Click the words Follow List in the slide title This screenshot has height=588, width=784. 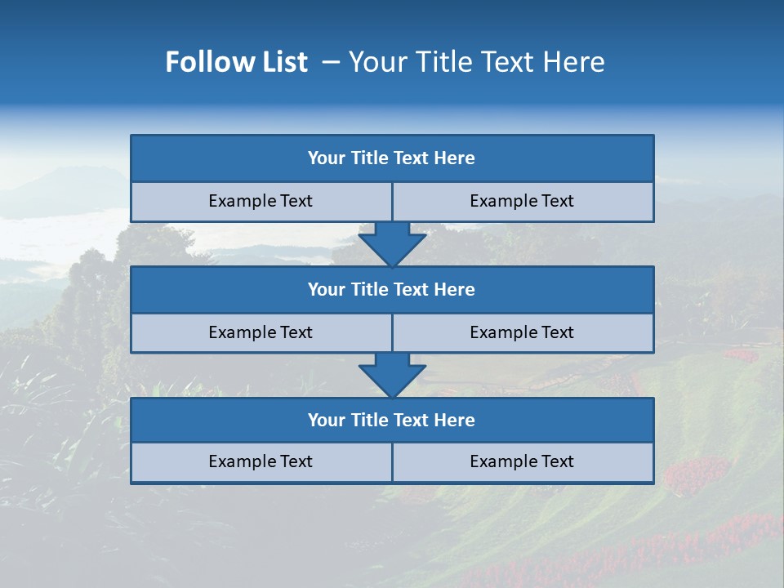(236, 62)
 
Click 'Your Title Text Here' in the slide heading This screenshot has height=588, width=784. (476, 62)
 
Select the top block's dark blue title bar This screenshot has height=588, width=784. (392, 158)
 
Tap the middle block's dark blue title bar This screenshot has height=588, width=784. (392, 290)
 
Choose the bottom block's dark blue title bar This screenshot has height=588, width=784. (392, 421)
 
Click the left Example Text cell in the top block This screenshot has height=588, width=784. (261, 202)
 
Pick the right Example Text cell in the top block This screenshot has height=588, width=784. (522, 202)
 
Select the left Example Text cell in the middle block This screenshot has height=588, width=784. (261, 333)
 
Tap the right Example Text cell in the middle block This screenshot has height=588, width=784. (522, 333)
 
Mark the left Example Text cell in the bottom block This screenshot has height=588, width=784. (261, 462)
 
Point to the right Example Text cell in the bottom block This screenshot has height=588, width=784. (522, 462)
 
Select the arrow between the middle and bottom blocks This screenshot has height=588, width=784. (392, 375)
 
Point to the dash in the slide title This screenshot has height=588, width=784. (331, 62)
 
